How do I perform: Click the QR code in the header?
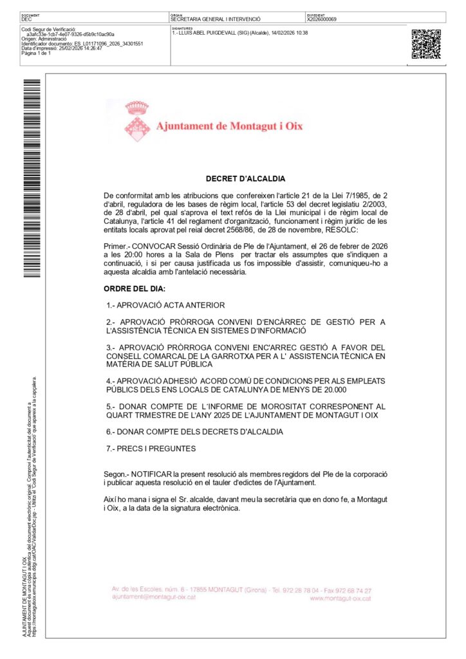pyautogui.click(x=425, y=44)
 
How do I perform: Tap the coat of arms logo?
pyautogui.click(x=136, y=121)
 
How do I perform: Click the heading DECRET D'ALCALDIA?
pyautogui.click(x=245, y=179)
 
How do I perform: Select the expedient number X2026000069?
pyautogui.click(x=322, y=20)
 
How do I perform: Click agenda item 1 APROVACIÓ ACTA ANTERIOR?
pyautogui.click(x=166, y=305)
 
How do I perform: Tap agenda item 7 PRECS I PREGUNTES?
pyautogui.click(x=151, y=448)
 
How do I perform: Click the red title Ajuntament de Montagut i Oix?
pyautogui.click(x=229, y=126)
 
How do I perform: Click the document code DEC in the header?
pyautogui.click(x=26, y=20)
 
